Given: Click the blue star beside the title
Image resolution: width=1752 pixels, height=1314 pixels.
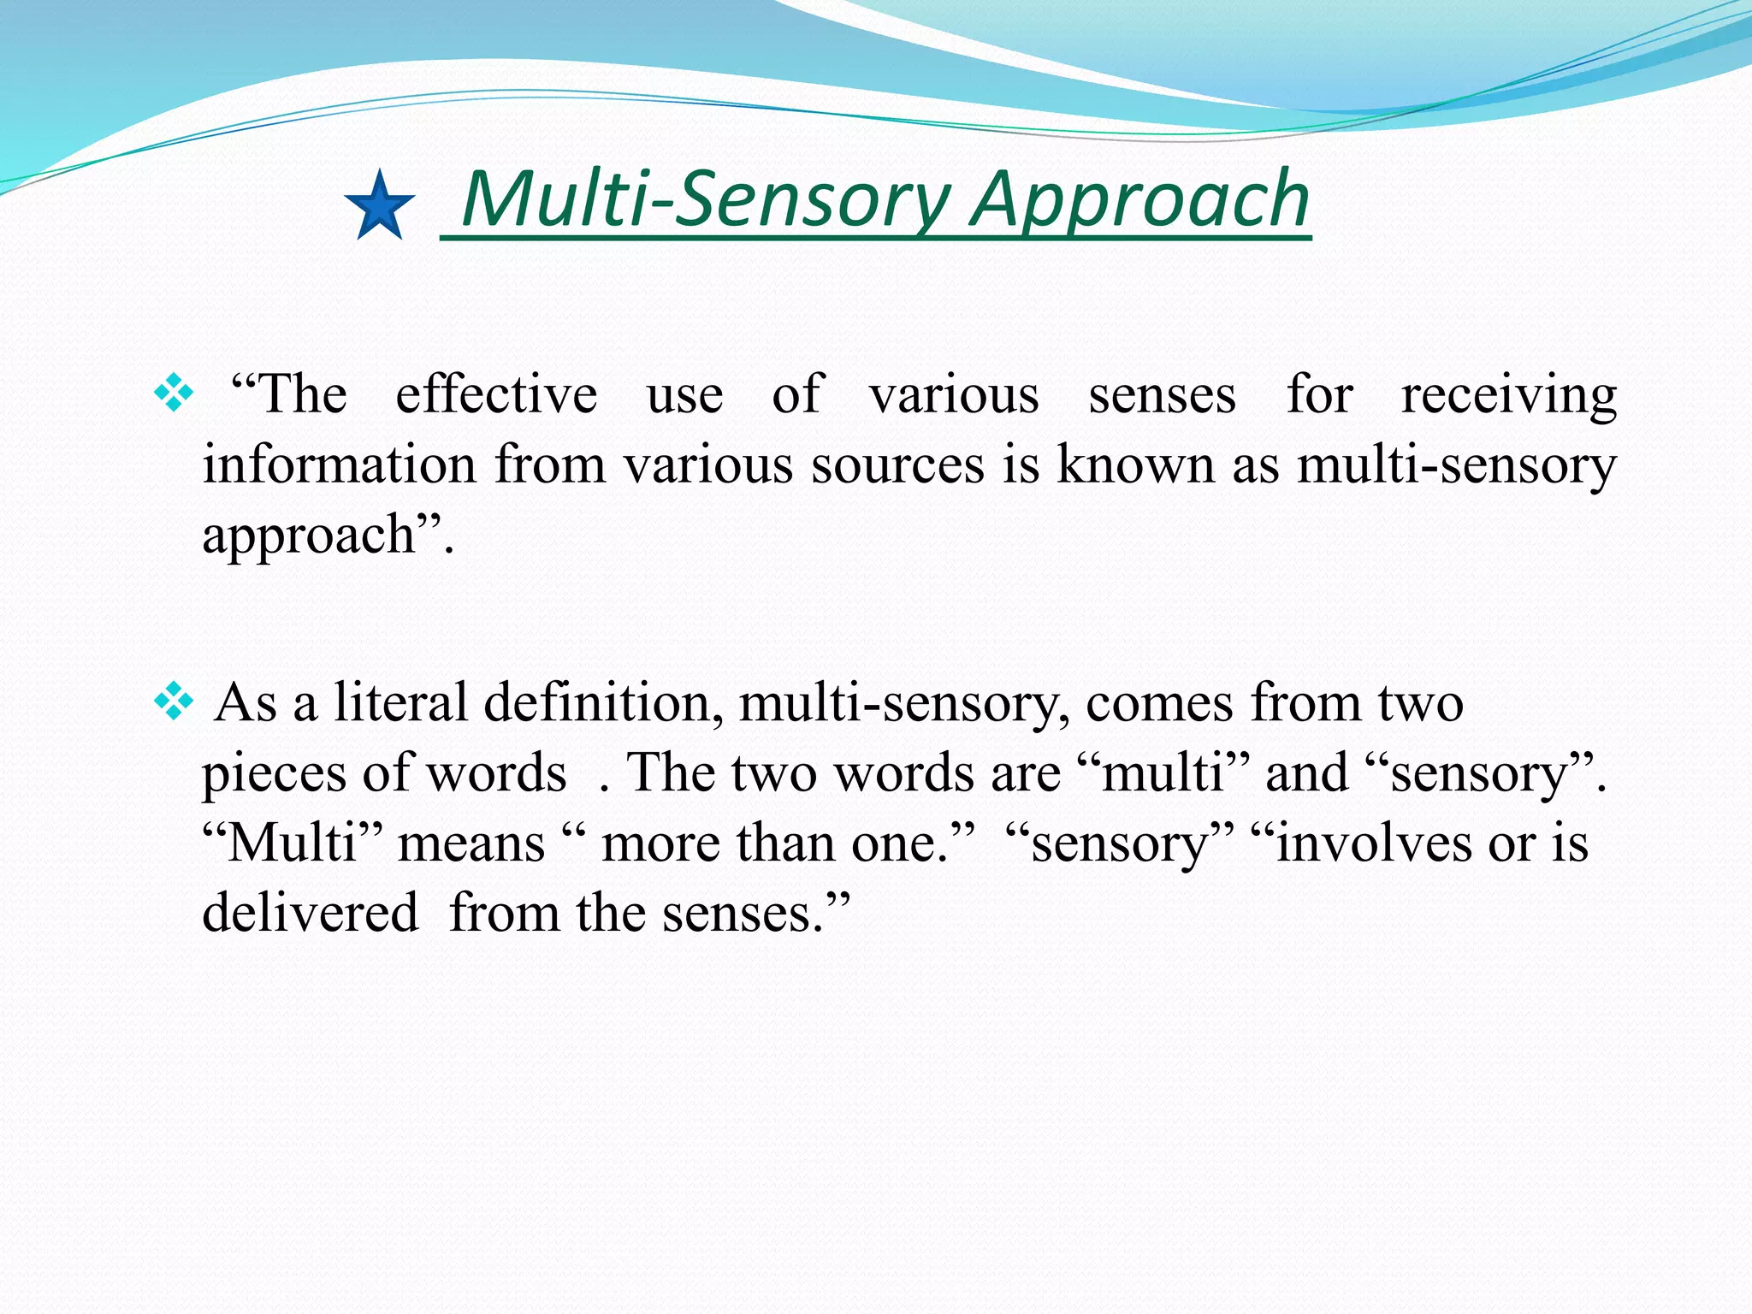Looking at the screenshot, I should (x=379, y=206).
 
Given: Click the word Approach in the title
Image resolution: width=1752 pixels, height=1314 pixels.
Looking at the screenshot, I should (x=1139, y=200).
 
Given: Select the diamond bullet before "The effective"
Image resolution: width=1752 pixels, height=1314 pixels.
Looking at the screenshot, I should (x=174, y=394).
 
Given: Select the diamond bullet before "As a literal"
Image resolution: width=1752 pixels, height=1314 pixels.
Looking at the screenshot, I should (x=174, y=702).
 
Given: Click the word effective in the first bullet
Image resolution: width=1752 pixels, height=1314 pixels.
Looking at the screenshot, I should (x=496, y=395).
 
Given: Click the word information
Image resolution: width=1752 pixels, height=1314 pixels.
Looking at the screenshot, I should (x=339, y=465).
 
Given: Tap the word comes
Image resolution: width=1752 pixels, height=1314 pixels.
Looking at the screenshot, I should (x=1159, y=703).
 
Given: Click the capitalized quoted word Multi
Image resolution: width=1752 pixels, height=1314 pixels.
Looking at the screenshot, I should (x=292, y=843).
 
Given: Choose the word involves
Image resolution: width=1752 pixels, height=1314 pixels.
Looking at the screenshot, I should (x=1374, y=843).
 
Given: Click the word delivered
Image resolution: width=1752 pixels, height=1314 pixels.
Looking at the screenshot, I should (x=310, y=914).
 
